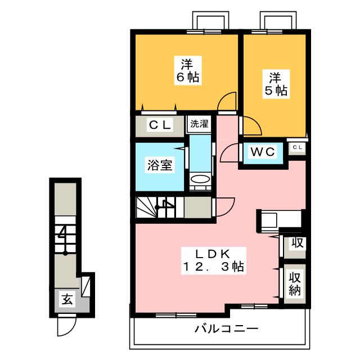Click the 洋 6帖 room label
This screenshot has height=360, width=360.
click(x=188, y=70)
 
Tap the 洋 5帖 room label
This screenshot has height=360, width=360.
click(x=276, y=84)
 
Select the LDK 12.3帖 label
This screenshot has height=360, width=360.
click(x=213, y=260)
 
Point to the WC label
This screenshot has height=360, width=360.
click(x=263, y=151)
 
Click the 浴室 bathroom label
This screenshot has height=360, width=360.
click(x=160, y=165)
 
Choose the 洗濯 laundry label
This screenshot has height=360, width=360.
click(x=199, y=124)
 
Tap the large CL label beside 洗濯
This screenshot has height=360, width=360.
click(x=160, y=125)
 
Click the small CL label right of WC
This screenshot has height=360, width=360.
click(x=298, y=147)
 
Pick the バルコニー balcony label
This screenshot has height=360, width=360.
click(x=226, y=328)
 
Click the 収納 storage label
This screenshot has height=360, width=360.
click(x=295, y=283)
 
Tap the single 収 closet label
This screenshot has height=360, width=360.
click(x=298, y=242)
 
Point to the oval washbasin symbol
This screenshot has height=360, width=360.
click(x=200, y=179)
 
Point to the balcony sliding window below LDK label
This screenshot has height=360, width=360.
click(x=176, y=315)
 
